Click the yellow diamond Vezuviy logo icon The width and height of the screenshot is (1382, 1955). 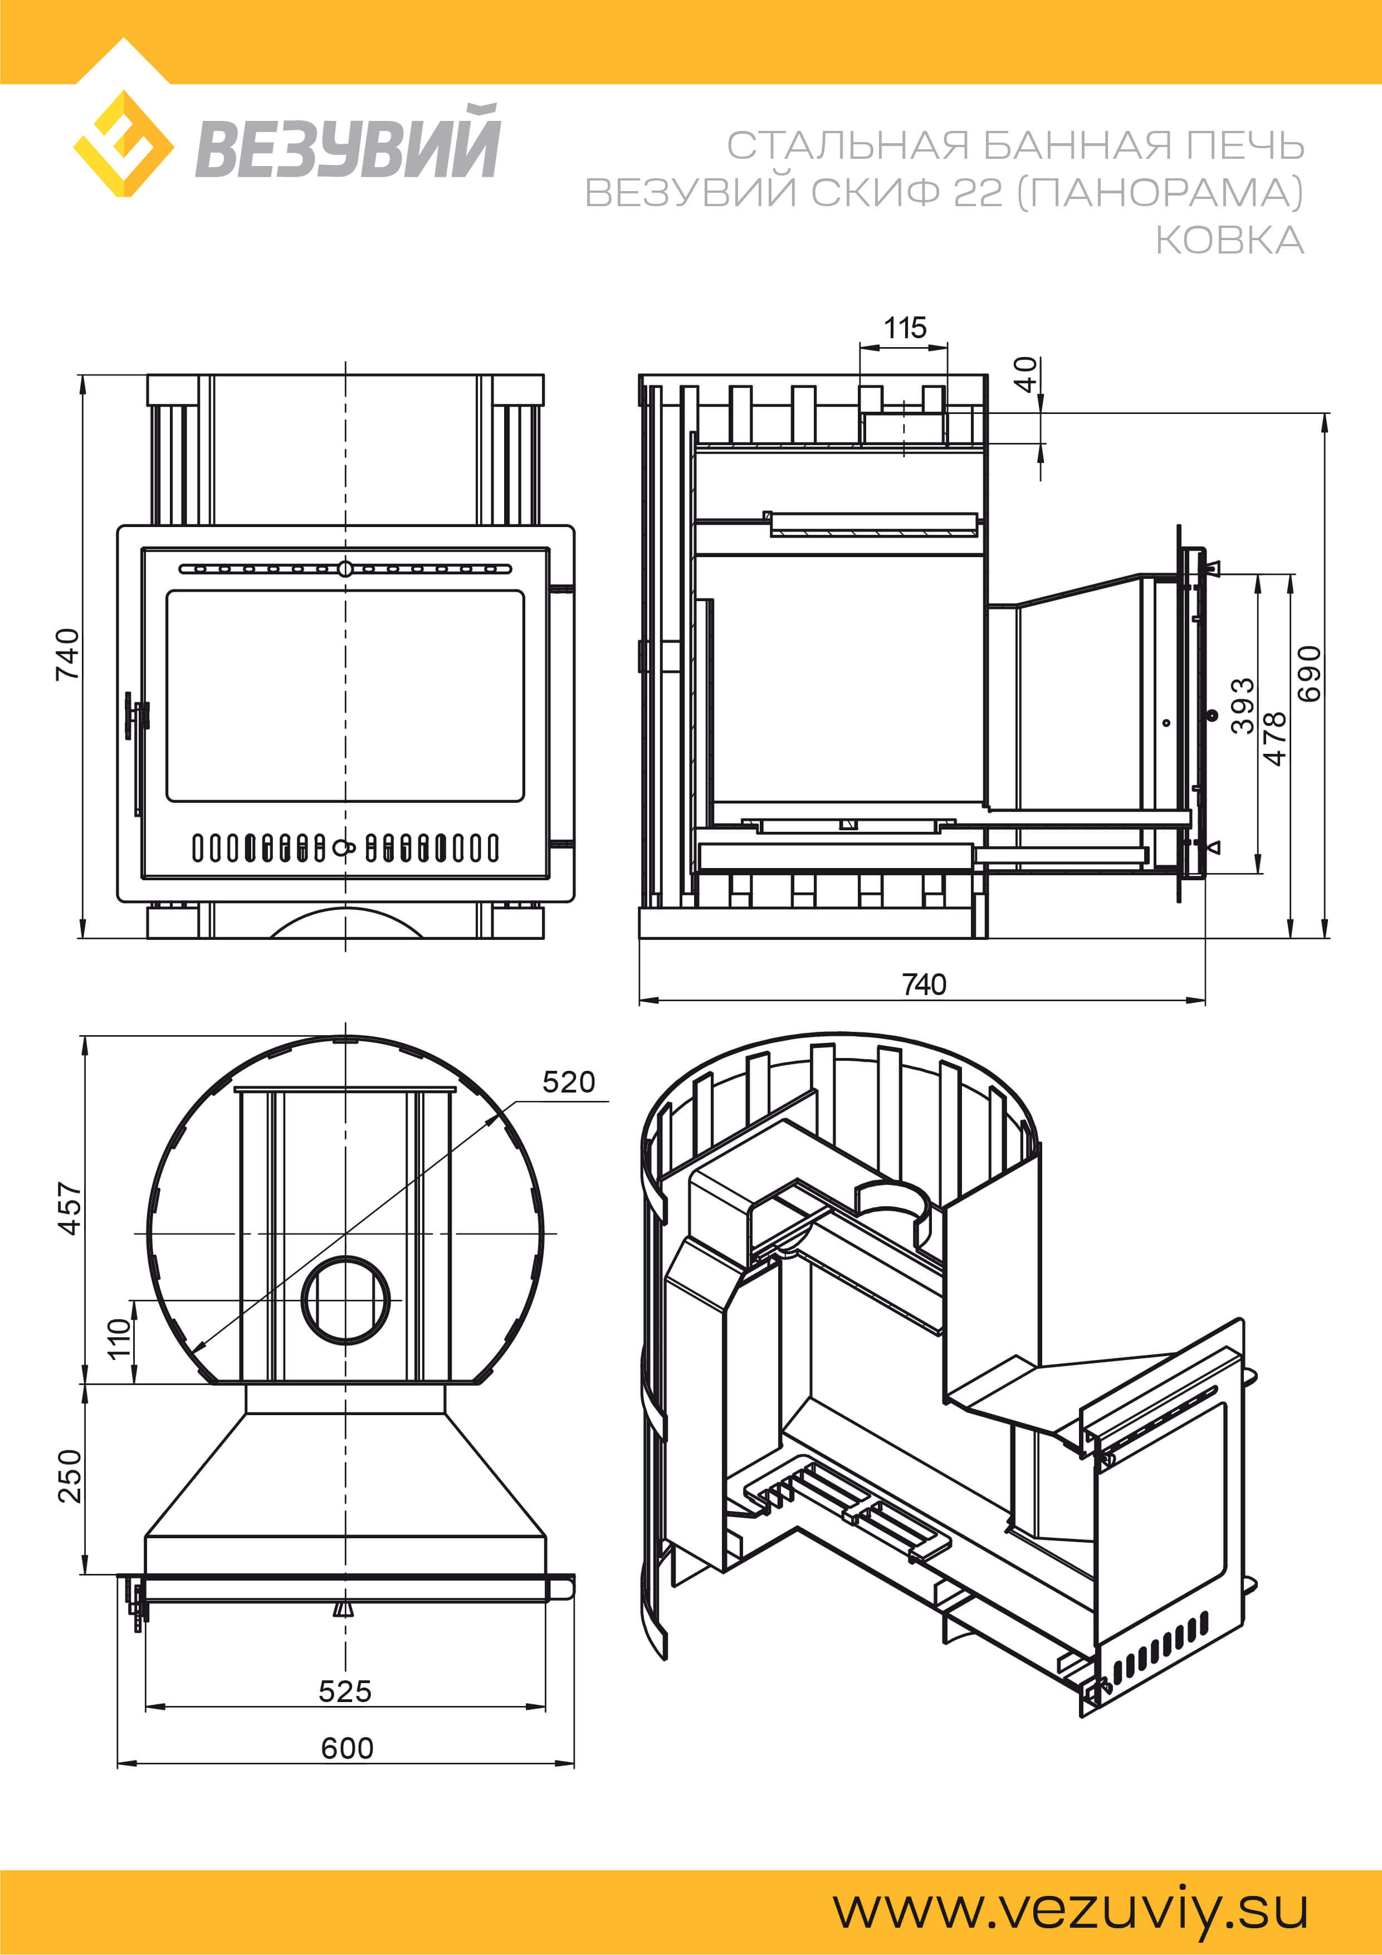pos(124,144)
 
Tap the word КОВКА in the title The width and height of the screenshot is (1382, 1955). pos(1229,240)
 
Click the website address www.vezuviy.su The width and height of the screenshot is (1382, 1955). pos(1071,1911)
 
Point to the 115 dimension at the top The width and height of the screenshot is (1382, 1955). pos(904,328)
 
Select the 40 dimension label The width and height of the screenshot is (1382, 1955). pos(1025,374)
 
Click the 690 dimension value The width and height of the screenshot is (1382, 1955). pos(1310,674)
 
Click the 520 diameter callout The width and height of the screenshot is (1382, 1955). pos(569,1082)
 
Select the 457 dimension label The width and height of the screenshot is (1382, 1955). pos(69,1208)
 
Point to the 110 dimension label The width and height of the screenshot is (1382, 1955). pos(119,1339)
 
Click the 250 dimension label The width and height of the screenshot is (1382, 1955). pos(69,1476)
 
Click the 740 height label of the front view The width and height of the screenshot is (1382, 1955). pos(67,654)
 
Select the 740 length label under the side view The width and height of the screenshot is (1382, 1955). pos(924,984)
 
